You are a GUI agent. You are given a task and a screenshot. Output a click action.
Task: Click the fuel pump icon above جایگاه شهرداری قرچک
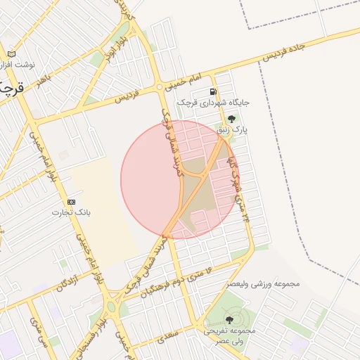click(213, 92)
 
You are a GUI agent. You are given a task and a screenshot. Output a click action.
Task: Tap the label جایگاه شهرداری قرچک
click(214, 103)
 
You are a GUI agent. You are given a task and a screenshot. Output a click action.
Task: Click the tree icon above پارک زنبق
click(232, 119)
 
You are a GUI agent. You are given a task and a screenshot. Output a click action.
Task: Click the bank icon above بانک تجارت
click(71, 202)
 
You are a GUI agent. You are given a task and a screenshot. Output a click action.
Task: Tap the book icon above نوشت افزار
click(11, 54)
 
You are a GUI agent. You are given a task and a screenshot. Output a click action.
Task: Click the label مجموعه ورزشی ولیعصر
click(263, 284)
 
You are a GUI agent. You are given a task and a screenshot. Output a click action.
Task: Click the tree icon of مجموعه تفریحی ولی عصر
click(229, 320)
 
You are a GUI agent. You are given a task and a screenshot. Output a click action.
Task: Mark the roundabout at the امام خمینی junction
click(160, 87)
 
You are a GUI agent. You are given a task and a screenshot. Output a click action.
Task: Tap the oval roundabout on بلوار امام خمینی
click(110, 306)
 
